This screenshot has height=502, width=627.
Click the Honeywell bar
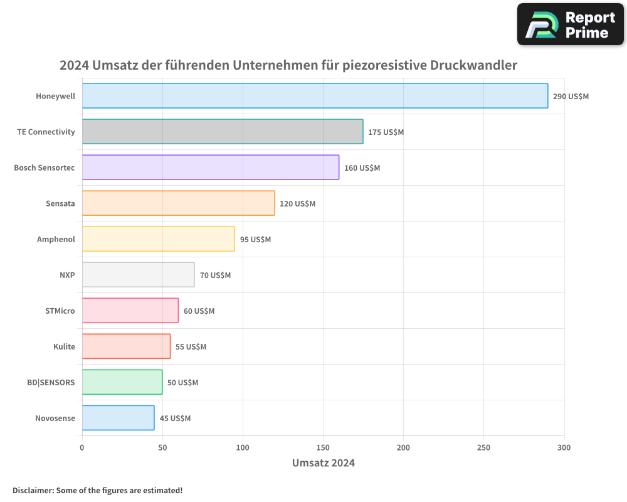315,96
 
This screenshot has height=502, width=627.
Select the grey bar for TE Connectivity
223,132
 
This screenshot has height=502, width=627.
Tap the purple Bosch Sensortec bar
211,168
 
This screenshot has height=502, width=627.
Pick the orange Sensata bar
178,203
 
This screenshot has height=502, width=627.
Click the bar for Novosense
118,418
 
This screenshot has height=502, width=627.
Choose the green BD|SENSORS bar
122,382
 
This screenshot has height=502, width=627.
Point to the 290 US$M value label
571,97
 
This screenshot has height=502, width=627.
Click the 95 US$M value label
255,240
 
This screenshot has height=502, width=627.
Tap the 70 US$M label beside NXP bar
215,275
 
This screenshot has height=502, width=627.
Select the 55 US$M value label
191,347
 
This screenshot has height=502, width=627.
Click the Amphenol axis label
56,239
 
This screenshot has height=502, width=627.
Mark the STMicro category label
60,311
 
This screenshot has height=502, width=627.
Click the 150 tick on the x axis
323,447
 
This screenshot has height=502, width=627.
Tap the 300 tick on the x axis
564,447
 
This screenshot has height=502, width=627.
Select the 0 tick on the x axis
82,447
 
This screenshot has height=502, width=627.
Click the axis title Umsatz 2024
323,463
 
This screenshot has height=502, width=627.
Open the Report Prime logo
571,24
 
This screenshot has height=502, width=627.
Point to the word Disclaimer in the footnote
32,490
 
